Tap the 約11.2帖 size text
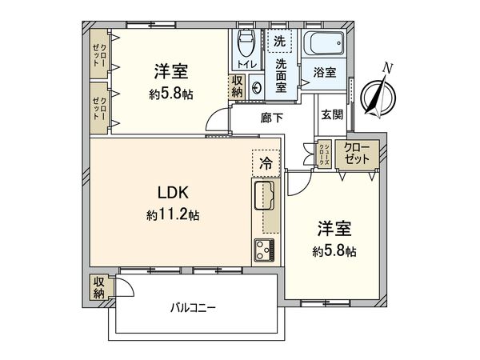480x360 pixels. tap(172, 214)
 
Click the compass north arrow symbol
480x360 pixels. tap(376, 94)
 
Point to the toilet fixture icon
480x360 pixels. tap(246, 44)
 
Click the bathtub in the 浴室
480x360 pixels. tap(324, 42)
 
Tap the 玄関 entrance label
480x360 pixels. tap(333, 115)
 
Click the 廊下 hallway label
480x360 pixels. tap(272, 118)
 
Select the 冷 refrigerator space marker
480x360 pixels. tap(266, 162)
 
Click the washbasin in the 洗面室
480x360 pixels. tap(258, 87)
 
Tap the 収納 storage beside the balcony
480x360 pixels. tap(98, 286)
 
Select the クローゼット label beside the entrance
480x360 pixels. tap(358, 153)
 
